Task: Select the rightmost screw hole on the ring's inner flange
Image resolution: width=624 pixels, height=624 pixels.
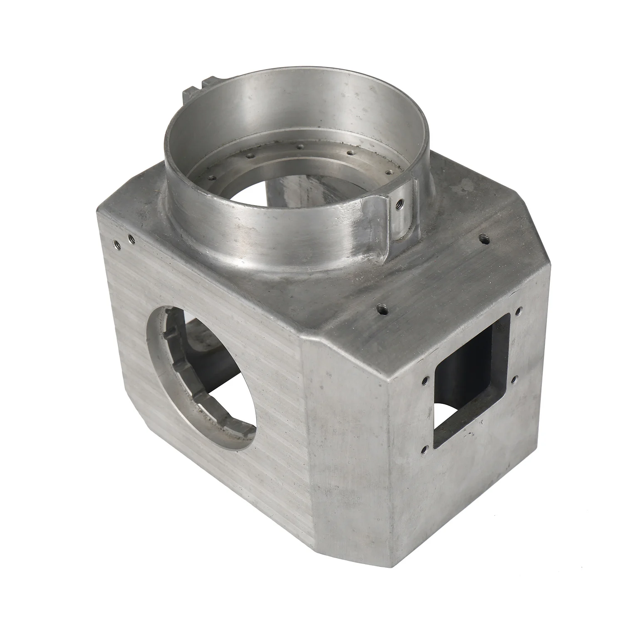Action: point(389,171)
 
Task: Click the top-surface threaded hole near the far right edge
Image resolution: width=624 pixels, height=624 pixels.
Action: point(483,238)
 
